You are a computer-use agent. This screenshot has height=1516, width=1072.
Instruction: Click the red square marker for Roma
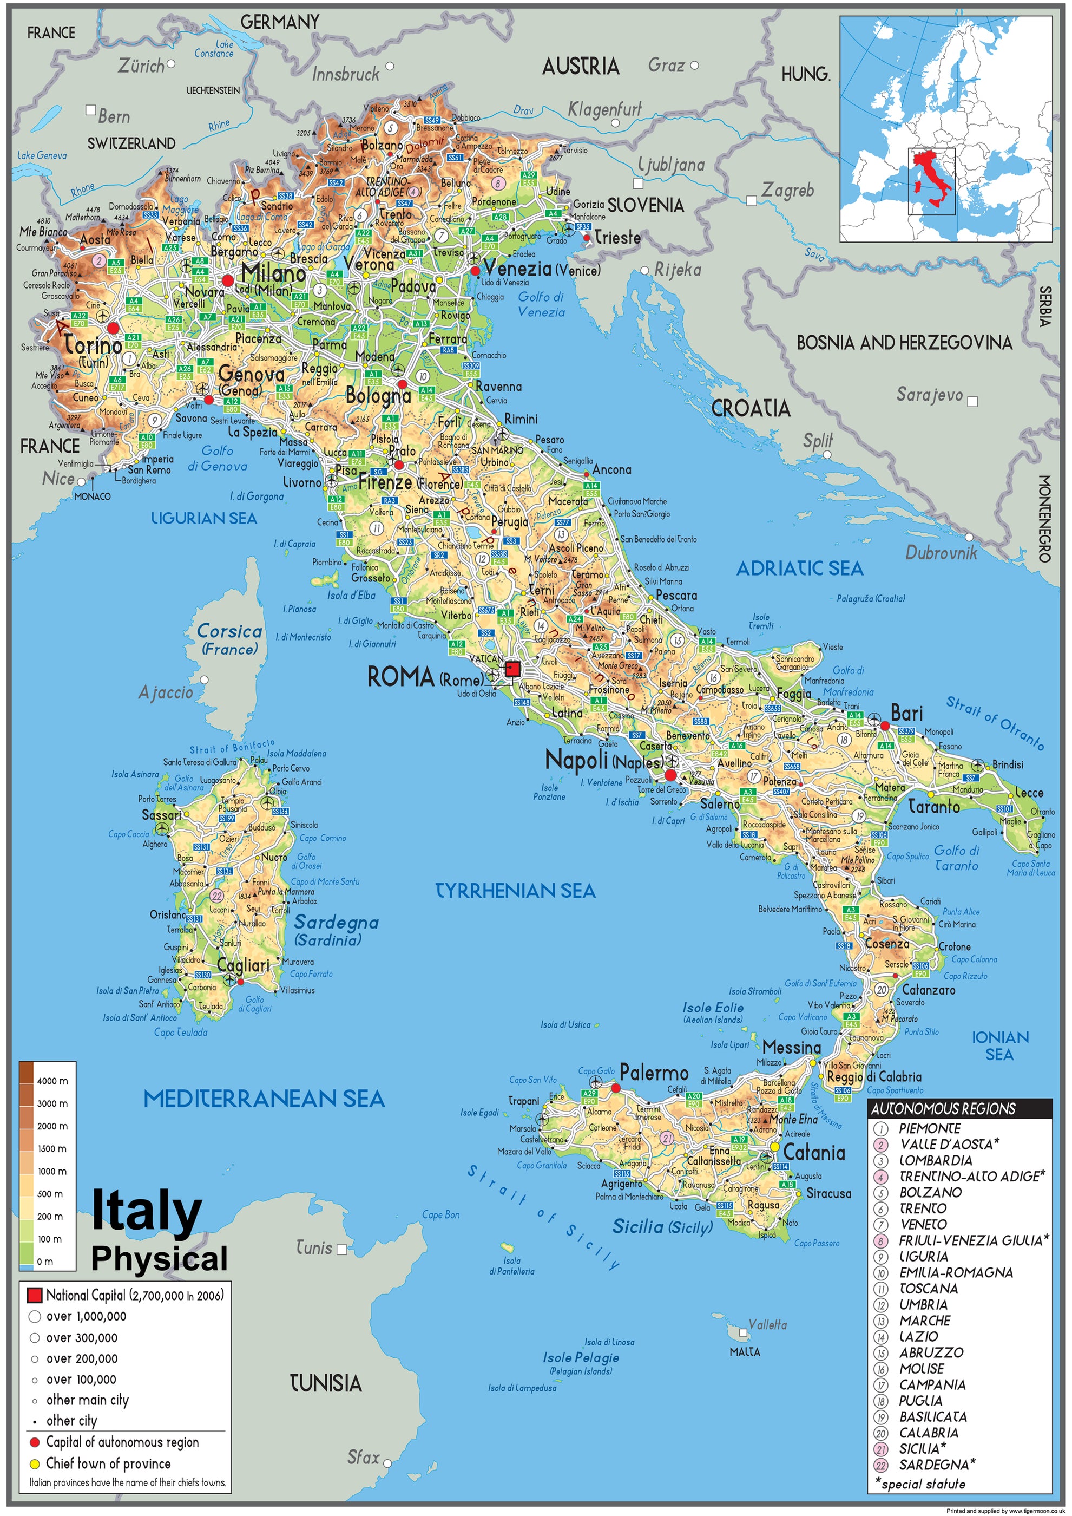(x=512, y=670)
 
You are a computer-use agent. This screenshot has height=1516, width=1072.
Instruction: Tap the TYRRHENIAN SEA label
(x=515, y=891)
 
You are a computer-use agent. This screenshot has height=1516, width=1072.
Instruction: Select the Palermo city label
(x=654, y=1073)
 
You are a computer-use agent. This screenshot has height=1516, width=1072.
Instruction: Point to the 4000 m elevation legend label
(x=52, y=1081)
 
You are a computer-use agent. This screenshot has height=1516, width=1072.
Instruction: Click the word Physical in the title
(x=159, y=1258)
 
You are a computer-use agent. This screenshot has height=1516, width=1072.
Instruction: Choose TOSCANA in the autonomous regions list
(x=928, y=1288)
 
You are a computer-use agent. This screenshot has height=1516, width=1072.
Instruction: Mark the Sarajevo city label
(x=930, y=395)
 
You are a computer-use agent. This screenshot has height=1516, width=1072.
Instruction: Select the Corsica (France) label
(x=229, y=639)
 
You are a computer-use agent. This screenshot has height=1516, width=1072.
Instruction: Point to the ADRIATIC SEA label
(x=799, y=568)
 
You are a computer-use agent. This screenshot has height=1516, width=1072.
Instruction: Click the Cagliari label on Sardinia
(x=243, y=965)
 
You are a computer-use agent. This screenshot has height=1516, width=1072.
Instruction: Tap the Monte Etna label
(x=793, y=1119)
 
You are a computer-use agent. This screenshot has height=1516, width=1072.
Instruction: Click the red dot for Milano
(x=228, y=280)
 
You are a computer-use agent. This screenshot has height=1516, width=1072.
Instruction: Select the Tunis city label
(x=314, y=1248)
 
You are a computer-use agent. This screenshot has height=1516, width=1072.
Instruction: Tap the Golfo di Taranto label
(x=957, y=858)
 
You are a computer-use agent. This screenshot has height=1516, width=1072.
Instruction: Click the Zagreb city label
(x=787, y=191)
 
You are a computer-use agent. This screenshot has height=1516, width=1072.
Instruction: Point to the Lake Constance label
(x=214, y=48)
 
